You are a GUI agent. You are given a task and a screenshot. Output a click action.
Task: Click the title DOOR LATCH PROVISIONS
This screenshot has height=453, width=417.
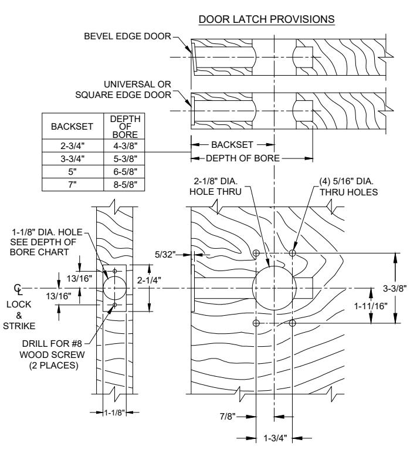click(266, 19)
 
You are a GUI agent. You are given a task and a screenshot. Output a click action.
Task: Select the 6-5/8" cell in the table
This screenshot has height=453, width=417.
click(125, 171)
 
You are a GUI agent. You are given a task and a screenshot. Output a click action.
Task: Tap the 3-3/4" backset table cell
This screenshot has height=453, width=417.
click(73, 158)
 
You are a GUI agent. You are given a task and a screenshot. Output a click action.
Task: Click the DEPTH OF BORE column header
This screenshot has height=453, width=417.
click(125, 127)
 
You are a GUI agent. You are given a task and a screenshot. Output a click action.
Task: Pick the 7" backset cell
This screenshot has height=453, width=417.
click(73, 184)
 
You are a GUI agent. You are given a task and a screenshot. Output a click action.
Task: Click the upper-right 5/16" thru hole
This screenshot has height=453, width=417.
click(292, 253)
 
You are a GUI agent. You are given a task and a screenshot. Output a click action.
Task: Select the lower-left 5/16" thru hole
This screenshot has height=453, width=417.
click(256, 323)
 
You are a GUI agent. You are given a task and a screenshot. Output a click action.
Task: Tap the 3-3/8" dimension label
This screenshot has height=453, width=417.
click(395, 288)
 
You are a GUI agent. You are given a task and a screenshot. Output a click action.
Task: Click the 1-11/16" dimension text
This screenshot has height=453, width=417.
click(371, 306)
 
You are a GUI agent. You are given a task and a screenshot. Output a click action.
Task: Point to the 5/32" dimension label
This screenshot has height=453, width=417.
click(165, 255)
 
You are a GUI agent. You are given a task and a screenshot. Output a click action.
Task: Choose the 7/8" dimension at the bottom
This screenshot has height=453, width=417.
click(228, 416)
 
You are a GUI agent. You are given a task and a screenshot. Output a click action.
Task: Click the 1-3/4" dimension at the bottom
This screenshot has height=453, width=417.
click(275, 438)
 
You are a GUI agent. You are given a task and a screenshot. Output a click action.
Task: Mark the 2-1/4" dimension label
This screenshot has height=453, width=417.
click(149, 280)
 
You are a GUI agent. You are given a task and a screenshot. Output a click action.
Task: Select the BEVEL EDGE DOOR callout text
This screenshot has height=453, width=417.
click(128, 36)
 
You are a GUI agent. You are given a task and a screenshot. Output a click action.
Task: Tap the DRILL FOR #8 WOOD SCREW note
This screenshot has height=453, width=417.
click(52, 354)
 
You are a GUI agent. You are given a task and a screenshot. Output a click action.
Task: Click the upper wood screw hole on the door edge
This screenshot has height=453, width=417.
click(114, 271)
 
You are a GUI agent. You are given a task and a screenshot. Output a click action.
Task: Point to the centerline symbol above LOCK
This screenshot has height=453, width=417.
click(18, 289)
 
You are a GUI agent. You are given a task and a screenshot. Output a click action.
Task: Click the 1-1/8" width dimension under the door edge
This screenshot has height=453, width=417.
click(114, 413)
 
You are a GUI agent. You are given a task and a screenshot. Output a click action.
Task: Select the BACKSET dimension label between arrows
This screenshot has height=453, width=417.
click(232, 144)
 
